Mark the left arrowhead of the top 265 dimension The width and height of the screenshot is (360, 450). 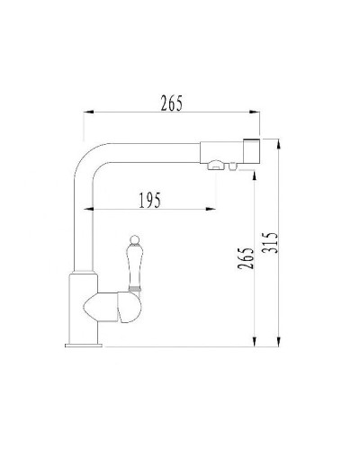coord(88,112)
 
